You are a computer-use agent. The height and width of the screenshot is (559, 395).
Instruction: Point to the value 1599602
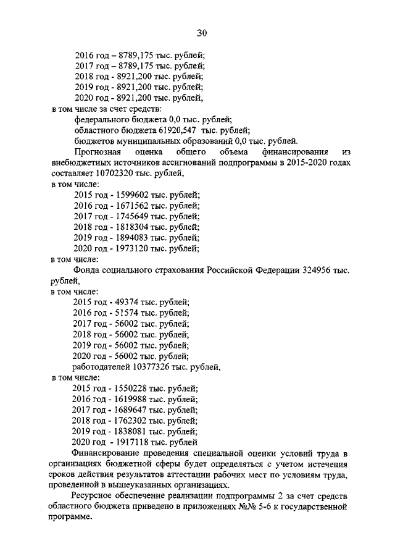133,195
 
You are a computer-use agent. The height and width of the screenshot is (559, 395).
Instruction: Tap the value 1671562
133,206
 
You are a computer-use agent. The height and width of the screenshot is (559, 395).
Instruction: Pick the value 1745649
133,216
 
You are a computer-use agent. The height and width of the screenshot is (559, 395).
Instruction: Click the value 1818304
133,227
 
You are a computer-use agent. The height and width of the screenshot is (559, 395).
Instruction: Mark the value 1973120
133,249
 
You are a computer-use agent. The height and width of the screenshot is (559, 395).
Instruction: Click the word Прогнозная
99,152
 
